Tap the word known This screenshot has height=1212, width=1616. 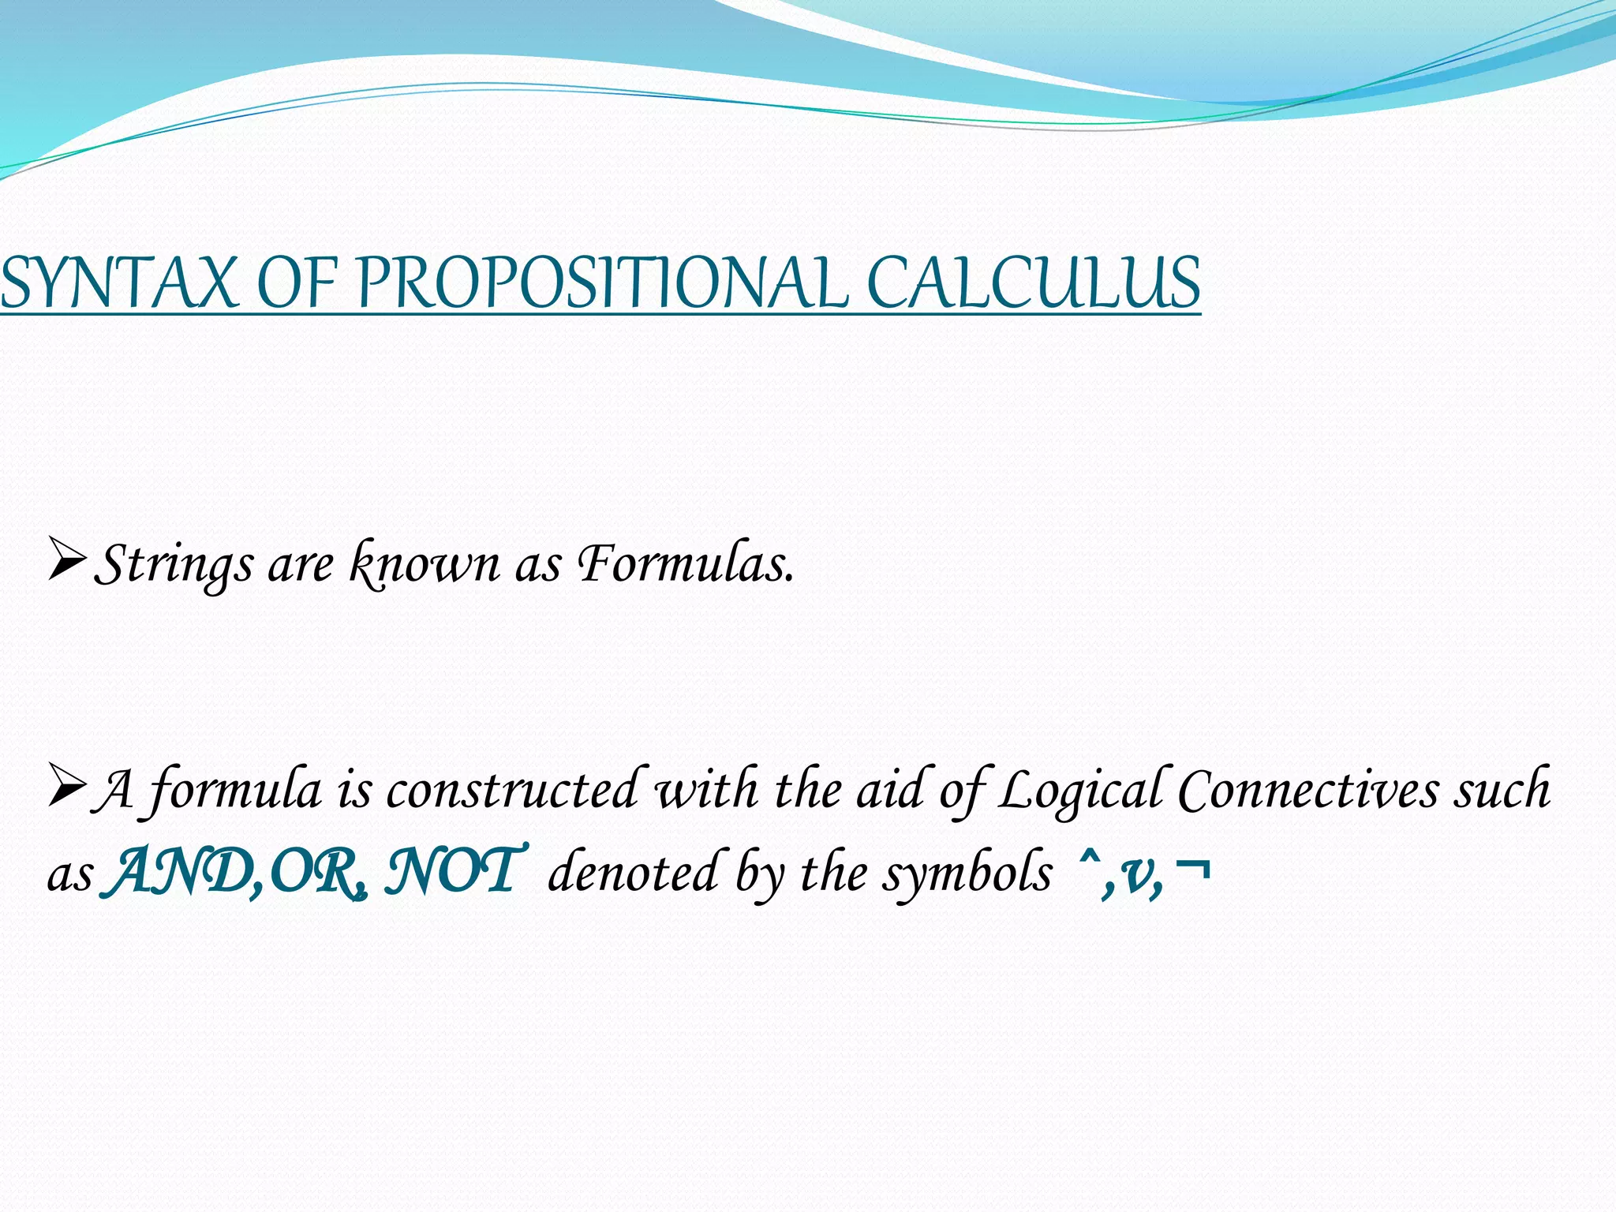pos(425,565)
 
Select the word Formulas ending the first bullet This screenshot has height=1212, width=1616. pos(685,563)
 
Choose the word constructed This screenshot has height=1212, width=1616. pos(511,789)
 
